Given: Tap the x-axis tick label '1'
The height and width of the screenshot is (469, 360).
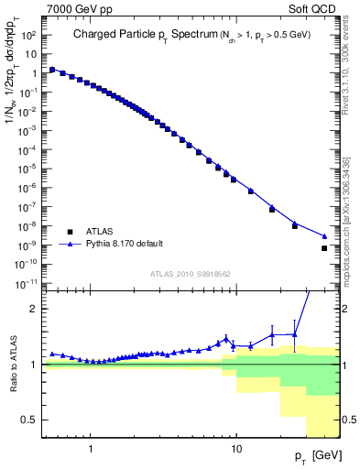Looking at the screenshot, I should pos(91,450).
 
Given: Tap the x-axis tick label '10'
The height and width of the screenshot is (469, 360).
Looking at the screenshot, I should pos(235,450).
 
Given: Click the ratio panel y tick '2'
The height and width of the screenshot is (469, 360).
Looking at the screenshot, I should pos(34,309).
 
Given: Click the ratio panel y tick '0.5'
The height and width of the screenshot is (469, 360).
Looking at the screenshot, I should pos(30,420).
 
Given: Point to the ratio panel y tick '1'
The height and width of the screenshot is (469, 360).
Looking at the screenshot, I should pos(34,365).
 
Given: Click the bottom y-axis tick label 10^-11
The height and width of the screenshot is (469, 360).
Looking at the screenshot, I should pos(28,284).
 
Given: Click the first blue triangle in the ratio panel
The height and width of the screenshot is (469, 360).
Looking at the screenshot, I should pos(51,353).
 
